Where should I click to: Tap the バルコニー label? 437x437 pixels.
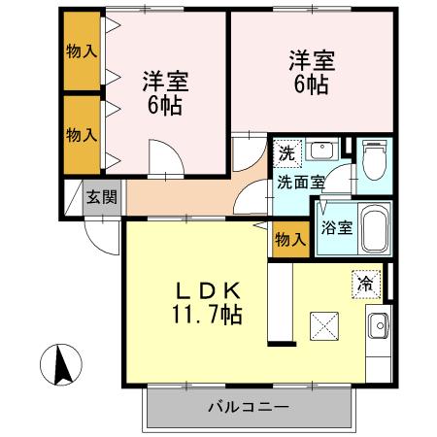click(x=247, y=407)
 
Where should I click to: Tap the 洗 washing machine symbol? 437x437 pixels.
click(x=286, y=152)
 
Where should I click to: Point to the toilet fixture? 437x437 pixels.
click(x=374, y=160)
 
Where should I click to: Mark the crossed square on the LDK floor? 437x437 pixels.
click(x=323, y=327)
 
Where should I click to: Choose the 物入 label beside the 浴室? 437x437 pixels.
click(x=289, y=239)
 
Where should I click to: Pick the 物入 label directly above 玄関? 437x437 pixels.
click(x=82, y=132)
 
